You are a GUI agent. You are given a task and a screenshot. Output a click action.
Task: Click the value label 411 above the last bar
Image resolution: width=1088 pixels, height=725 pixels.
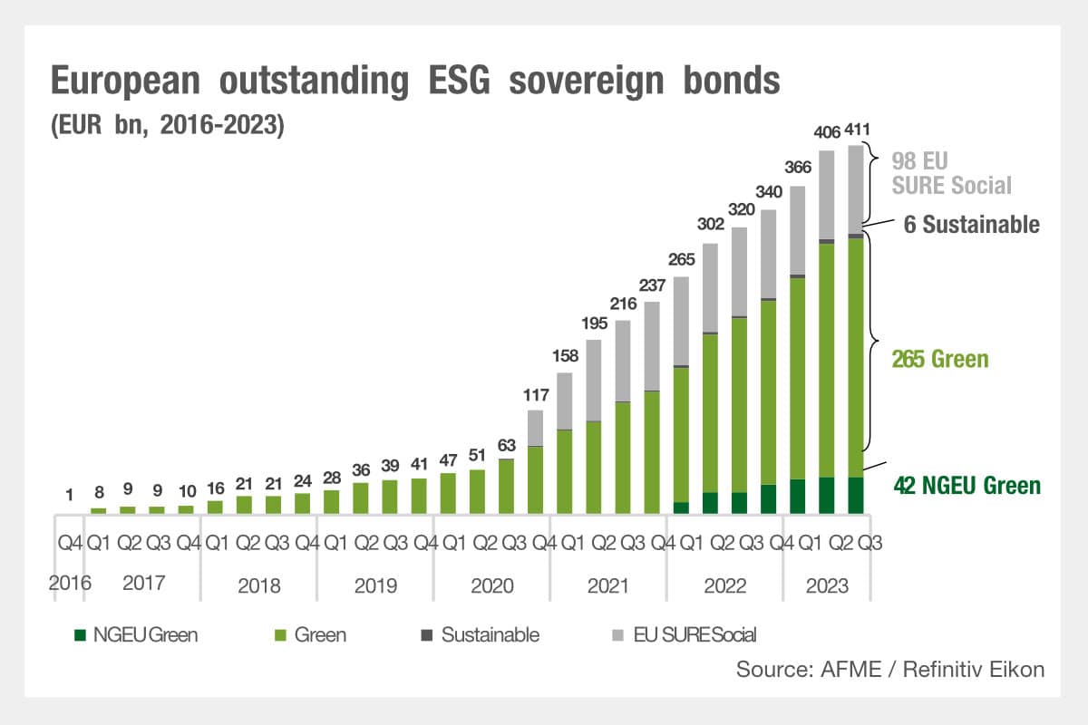tap(855, 130)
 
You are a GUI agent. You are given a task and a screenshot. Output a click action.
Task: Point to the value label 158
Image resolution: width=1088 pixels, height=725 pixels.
tap(564, 355)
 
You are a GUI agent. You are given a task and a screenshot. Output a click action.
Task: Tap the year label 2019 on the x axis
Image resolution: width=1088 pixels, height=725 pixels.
tap(375, 585)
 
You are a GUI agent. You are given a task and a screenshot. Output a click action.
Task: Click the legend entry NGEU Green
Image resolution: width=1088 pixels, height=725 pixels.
tap(136, 634)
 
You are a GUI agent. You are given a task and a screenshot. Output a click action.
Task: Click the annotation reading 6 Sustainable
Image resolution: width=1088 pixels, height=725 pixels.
tap(971, 225)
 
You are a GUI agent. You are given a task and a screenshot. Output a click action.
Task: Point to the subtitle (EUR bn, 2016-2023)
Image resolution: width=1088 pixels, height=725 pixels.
tap(168, 124)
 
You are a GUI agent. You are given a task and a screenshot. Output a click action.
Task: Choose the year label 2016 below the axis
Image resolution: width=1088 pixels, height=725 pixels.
tap(70, 584)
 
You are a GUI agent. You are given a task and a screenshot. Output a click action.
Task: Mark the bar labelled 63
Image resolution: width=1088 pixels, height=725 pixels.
tap(506, 487)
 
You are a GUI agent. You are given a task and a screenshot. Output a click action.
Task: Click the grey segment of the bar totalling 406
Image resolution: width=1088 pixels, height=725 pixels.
tap(826, 195)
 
